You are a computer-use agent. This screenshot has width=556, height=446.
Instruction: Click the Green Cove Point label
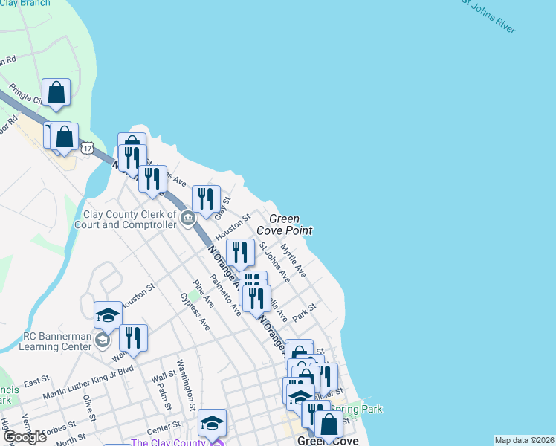click(284, 224)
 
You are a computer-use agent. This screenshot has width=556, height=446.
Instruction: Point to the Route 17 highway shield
click(88, 149)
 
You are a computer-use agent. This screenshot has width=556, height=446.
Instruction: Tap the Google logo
click(25, 437)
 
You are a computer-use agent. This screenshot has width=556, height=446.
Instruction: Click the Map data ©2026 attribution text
click(524, 440)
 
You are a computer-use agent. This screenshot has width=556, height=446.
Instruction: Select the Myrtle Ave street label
click(294, 262)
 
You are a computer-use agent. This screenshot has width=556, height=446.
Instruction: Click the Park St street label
click(305, 311)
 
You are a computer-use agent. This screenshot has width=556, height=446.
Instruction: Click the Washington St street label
click(186, 384)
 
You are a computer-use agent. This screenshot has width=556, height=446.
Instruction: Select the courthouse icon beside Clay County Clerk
click(187, 218)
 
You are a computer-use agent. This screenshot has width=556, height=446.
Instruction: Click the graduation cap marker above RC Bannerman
click(108, 314)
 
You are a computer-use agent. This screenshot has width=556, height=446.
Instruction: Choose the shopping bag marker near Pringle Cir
click(56, 91)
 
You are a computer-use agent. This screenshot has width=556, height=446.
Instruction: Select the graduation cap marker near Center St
click(212, 422)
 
